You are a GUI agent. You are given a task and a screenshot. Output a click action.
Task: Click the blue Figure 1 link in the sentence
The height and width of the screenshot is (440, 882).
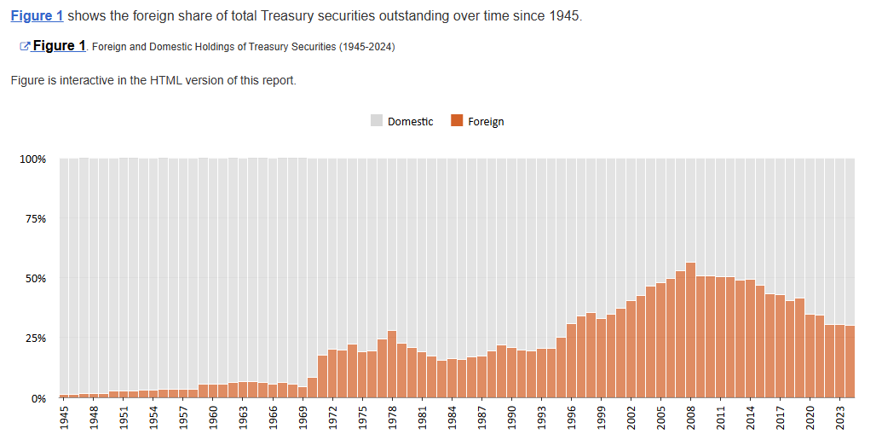pyautogui.click(x=37, y=16)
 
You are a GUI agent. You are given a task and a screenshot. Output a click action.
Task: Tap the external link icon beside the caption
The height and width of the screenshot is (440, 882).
pyautogui.click(x=25, y=46)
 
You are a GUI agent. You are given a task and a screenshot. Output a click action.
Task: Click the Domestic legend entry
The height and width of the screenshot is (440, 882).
pyautogui.click(x=402, y=121)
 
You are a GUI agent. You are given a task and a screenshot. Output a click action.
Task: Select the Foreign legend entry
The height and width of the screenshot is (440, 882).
pyautogui.click(x=478, y=121)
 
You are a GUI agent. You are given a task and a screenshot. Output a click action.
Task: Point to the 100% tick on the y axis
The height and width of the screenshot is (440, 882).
pyautogui.click(x=32, y=159)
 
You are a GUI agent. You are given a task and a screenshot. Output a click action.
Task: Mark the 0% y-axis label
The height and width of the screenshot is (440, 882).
pyautogui.click(x=38, y=398)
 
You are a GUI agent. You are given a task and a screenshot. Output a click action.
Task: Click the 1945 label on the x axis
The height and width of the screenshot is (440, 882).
pyautogui.click(x=65, y=418)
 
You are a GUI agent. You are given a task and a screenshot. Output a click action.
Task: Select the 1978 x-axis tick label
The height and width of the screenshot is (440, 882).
pyautogui.click(x=392, y=418)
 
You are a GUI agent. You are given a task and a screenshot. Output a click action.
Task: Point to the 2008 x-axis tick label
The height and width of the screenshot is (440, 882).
pyautogui.click(x=690, y=418)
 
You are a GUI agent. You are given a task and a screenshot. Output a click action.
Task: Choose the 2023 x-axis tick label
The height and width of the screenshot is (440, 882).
pyautogui.click(x=839, y=418)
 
